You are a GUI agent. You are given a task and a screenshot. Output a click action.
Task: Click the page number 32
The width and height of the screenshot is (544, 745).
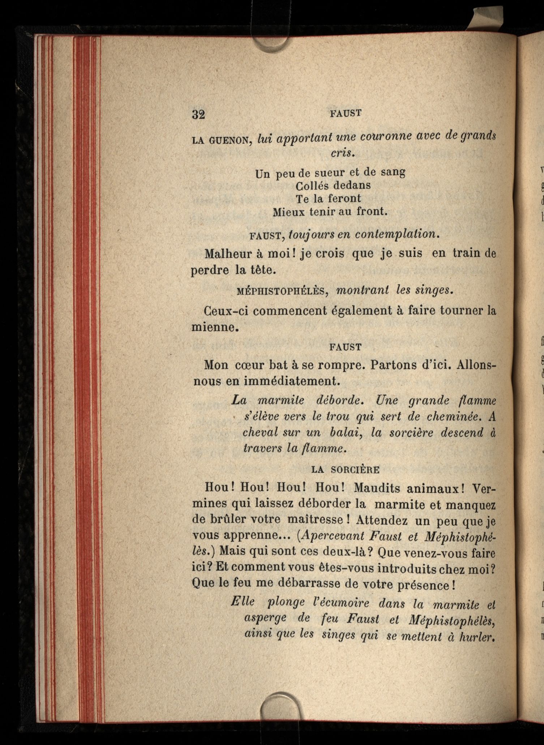point(198,114)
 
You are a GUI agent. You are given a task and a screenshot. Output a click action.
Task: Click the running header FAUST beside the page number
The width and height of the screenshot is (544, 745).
point(346,113)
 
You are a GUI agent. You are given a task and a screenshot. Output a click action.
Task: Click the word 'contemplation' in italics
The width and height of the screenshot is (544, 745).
point(397,234)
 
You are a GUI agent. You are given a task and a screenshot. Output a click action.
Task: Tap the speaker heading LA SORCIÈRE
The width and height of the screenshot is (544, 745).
point(345,470)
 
